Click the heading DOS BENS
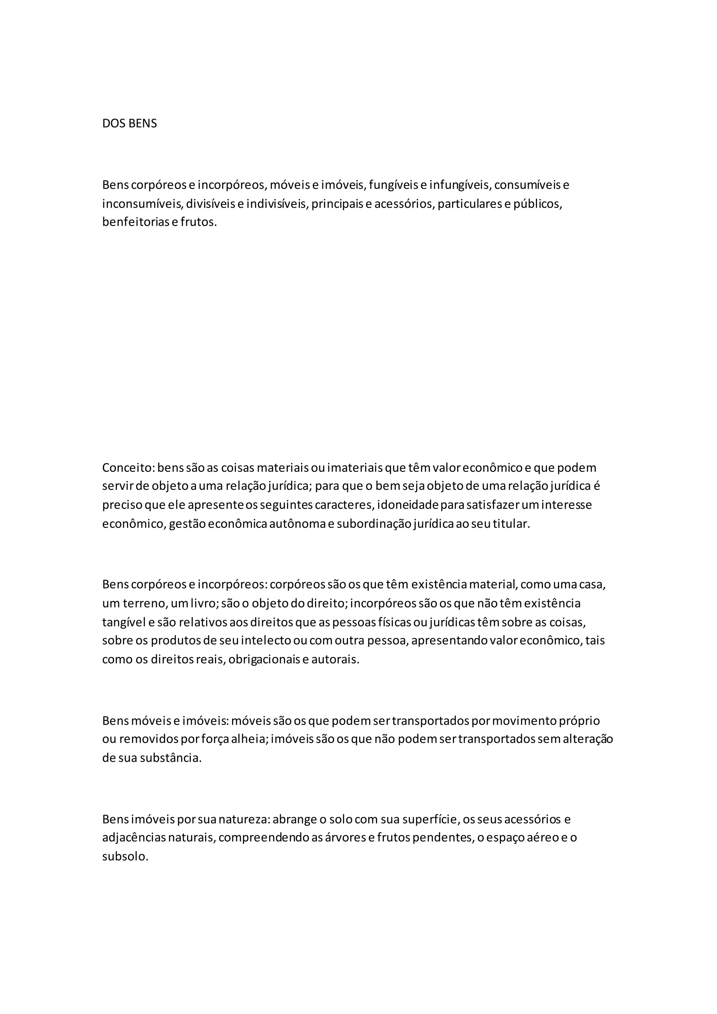(129, 124)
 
